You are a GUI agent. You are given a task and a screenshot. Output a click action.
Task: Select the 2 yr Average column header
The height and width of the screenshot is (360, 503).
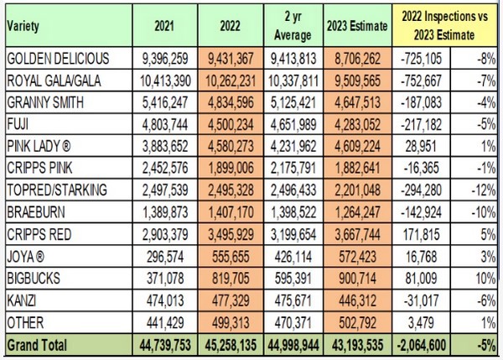pos(292,26)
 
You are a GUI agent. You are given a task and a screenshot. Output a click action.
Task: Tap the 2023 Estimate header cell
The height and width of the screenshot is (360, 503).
pos(357,26)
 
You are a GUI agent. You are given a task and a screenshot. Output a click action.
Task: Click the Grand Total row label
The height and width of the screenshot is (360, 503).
pos(37,343)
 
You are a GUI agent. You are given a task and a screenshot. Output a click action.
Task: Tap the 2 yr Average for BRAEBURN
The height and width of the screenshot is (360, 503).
pos(293,211)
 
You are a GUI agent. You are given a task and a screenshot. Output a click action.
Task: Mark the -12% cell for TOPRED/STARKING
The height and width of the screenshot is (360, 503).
pos(480,189)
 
